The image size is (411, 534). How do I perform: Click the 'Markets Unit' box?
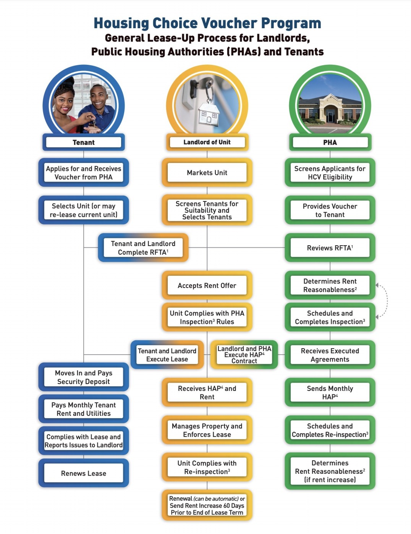tap(207, 172)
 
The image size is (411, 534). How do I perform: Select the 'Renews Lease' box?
tap(84, 473)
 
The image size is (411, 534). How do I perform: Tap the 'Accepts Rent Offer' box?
tap(207, 285)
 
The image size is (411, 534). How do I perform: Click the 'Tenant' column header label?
tap(84, 142)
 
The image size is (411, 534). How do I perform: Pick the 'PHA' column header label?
tap(330, 142)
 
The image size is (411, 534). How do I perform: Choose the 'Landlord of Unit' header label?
tap(207, 142)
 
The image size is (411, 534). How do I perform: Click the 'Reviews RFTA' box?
tap(330, 248)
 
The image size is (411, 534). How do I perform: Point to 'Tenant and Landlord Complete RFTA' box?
tap(143, 248)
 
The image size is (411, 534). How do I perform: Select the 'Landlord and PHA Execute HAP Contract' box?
tap(244, 355)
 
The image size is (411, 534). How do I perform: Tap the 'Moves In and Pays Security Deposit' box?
tap(84, 377)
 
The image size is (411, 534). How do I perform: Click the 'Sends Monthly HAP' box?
tap(330, 392)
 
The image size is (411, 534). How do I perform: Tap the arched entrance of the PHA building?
tap(330, 113)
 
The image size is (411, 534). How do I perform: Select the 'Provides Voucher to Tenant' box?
tap(330, 210)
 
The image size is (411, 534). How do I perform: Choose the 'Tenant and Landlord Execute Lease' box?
tap(167, 355)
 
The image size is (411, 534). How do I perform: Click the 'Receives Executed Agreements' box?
tap(330, 355)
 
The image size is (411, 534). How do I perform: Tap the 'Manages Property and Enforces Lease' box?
tap(207, 430)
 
